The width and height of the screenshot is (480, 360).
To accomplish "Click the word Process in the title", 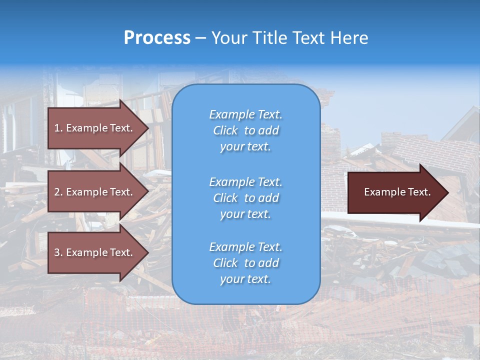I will [x=157, y=38].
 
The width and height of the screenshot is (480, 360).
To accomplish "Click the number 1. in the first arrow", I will [x=58, y=128].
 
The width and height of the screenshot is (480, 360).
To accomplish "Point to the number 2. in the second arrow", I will [x=58, y=192].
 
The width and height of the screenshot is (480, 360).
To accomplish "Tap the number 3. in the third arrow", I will [x=58, y=252].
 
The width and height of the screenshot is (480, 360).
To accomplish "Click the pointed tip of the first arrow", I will [x=146, y=128].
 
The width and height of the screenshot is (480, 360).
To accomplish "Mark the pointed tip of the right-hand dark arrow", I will [x=446, y=192].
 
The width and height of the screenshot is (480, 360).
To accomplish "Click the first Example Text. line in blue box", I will [x=245, y=114].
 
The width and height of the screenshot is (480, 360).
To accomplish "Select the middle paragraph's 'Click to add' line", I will [x=245, y=198].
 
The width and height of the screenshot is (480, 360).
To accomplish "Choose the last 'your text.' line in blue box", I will [x=245, y=279].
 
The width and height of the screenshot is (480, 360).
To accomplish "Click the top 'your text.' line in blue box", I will [x=245, y=146].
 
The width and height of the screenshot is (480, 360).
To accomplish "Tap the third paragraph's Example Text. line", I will [x=245, y=247].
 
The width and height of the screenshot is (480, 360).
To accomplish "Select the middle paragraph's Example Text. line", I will [x=245, y=182].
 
